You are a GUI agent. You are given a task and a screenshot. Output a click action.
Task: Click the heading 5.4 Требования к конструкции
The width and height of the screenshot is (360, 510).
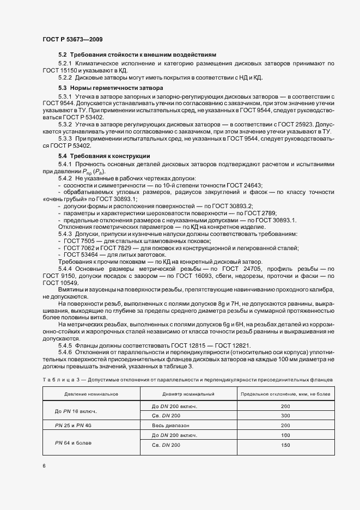click(x=104, y=156)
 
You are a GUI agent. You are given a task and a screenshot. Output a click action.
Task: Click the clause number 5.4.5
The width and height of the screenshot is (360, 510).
click(x=66, y=345)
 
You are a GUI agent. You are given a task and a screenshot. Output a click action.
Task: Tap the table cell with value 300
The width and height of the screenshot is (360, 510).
click(x=285, y=416)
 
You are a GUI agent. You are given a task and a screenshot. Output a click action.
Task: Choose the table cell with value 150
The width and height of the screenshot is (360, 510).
click(x=285, y=446)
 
